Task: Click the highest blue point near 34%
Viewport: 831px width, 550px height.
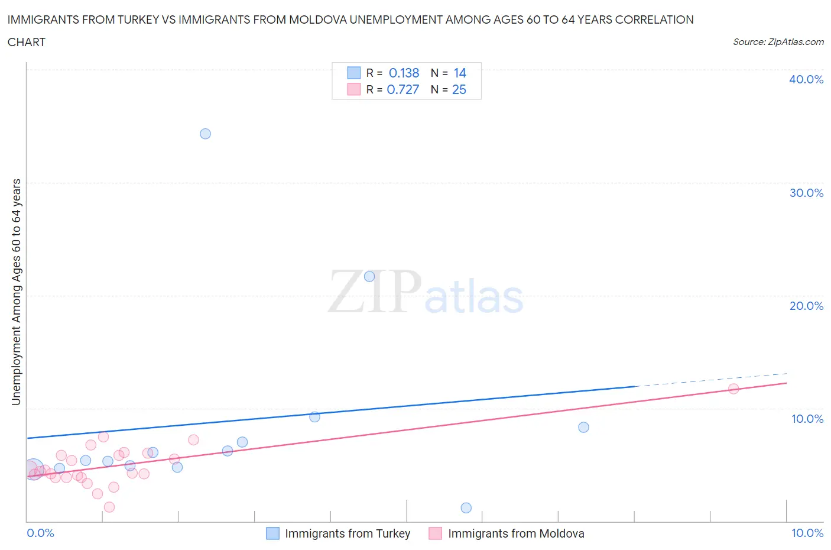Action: [x=205, y=134]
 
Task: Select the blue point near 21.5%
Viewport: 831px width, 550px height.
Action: [x=369, y=276]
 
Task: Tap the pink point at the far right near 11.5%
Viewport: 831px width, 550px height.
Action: [x=733, y=389]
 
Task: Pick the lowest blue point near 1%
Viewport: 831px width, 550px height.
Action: [x=466, y=507]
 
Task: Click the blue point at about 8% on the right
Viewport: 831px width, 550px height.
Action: [x=583, y=427]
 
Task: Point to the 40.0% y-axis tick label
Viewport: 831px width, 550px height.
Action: [x=806, y=79]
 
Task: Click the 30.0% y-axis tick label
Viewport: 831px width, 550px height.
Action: [x=806, y=193]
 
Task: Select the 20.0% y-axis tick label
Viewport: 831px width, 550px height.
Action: [x=806, y=306]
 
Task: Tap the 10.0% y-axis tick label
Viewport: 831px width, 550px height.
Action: [x=807, y=419]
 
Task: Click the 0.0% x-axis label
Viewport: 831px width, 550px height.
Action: [x=40, y=533]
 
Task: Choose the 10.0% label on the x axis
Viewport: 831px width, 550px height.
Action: [x=807, y=533]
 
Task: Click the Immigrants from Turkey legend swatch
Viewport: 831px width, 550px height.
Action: [x=272, y=533]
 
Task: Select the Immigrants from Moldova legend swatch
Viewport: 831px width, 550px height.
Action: [x=436, y=533]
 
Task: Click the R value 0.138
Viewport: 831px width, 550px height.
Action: [x=404, y=73]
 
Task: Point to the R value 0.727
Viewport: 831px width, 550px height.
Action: [x=402, y=89]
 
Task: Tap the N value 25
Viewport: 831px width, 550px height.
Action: [x=459, y=89]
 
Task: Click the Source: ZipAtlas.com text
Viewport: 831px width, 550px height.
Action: [x=778, y=41]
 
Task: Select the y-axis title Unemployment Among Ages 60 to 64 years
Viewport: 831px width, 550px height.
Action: [x=16, y=292]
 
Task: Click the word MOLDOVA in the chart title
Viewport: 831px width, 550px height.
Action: [x=313, y=20]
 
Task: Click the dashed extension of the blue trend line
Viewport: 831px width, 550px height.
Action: [x=709, y=380]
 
